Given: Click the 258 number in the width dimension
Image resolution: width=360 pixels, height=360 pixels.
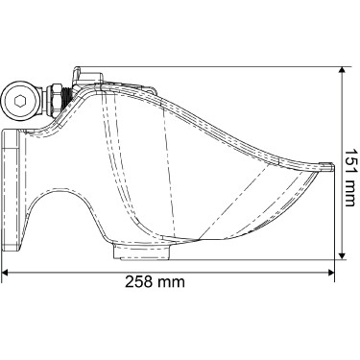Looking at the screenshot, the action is tap(137, 281).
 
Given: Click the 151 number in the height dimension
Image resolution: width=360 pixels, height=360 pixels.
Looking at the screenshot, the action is tap(350, 160).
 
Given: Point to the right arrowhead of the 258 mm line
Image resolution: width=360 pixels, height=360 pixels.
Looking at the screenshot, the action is tap(331, 273).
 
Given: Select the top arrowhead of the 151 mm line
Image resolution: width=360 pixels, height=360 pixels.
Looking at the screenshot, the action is tap(343, 70).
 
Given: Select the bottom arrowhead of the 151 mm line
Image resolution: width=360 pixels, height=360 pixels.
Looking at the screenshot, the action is tap(343, 256).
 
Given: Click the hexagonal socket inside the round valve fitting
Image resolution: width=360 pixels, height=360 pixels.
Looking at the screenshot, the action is tap(20, 102).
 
